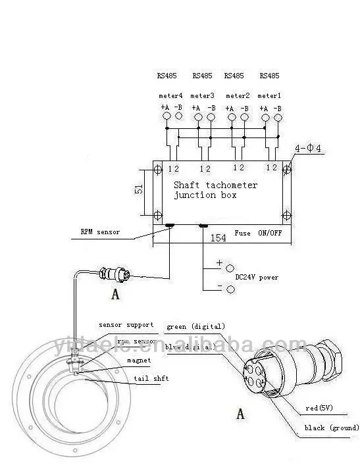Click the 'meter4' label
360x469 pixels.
tap(170, 96)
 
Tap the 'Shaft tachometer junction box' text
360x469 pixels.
tap(215, 190)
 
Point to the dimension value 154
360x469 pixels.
tap(218, 237)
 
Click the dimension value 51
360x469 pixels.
tap(139, 189)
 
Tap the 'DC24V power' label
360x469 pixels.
tap(257, 277)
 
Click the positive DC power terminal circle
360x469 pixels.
tap(230, 268)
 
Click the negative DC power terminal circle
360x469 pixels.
tap(230, 289)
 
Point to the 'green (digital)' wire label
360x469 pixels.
tap(195, 326)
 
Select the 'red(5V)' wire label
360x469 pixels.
tap(321, 408)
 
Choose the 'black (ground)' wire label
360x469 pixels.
tap(331, 428)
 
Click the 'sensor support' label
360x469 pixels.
tap(126, 324)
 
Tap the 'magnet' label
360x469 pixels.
tap(140, 360)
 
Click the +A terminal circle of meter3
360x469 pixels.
tap(197, 118)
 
